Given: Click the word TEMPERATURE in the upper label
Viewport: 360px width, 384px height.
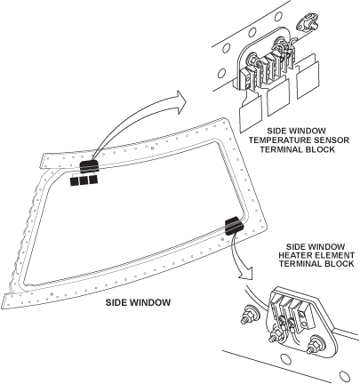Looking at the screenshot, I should pyautogui.click(x=273, y=140).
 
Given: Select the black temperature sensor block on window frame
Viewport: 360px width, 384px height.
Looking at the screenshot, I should pyautogui.click(x=91, y=166).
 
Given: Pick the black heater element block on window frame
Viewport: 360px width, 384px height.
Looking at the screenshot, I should pyautogui.click(x=230, y=227).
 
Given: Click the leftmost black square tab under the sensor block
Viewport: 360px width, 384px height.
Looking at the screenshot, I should pyautogui.click(x=76, y=181).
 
